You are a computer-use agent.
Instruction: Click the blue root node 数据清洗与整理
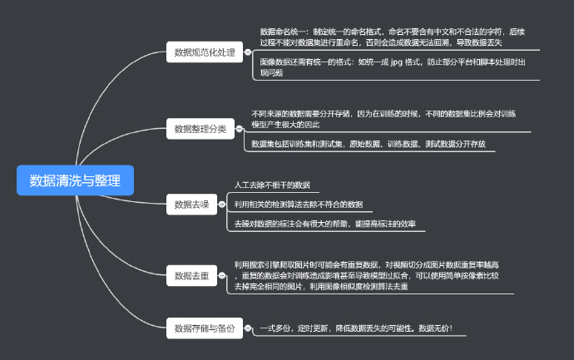point(75,180)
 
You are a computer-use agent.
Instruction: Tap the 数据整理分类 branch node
point(200,129)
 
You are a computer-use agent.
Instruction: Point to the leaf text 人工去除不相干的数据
point(272,185)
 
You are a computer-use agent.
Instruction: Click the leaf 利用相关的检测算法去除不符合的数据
point(298,204)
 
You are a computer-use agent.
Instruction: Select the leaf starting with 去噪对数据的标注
point(324,223)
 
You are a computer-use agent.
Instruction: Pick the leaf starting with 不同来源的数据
point(383,118)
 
